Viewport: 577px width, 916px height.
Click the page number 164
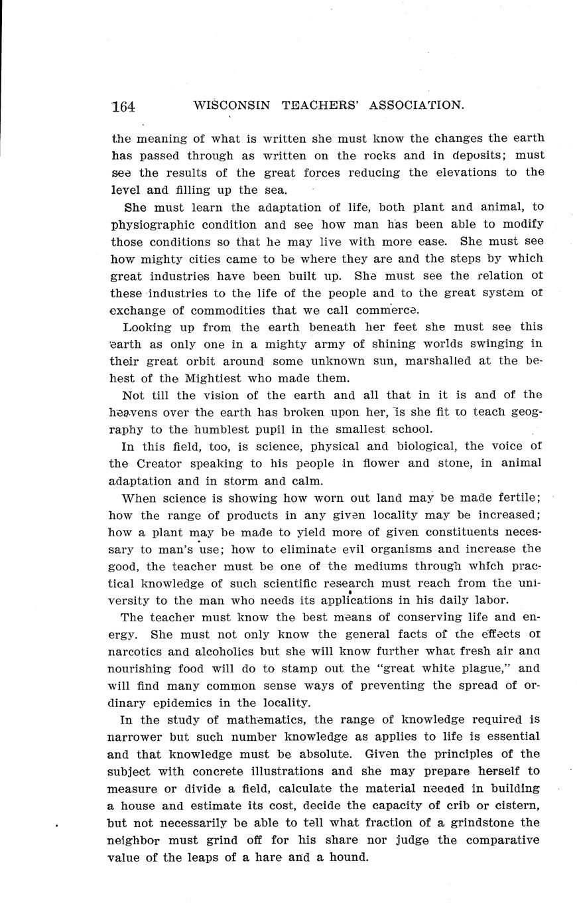124,106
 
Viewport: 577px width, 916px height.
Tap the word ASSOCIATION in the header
416,105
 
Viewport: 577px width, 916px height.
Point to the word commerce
387,310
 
